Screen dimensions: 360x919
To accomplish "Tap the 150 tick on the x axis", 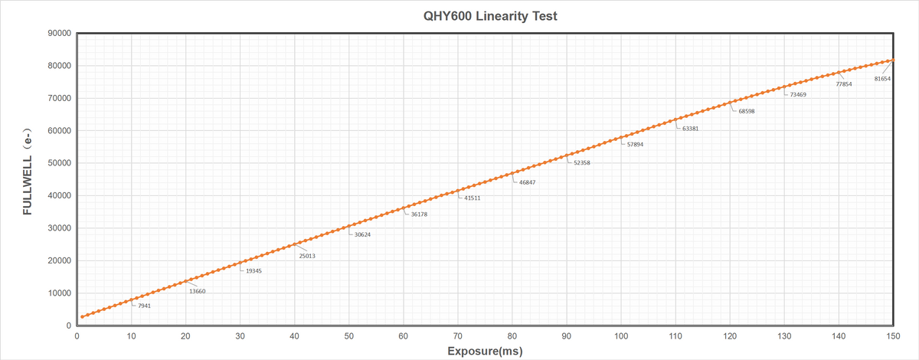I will coord(893,335).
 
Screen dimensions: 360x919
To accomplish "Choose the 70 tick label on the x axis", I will coord(457,335).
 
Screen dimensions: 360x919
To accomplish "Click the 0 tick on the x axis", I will coord(77,335).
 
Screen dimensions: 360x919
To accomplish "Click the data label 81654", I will coord(882,79).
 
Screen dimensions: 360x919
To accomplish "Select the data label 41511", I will coord(473,198).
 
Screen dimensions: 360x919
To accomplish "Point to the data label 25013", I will coord(307,256).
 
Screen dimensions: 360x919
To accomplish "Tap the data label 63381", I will coord(690,129).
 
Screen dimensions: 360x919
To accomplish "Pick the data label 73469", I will coord(799,94).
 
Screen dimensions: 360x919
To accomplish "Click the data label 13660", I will coord(197,291).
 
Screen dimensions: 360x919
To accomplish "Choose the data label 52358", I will coord(581,163).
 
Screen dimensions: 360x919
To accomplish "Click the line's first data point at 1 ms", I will coord(82,316).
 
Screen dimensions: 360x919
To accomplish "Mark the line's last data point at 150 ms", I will coord(893,61).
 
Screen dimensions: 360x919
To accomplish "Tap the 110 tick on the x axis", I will coord(675,335).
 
